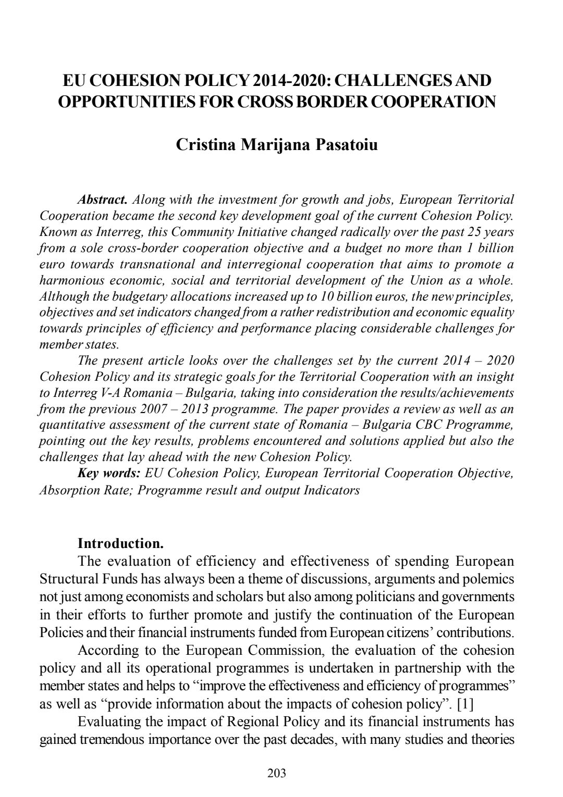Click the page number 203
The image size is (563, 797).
276,773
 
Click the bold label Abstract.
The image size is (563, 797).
103,200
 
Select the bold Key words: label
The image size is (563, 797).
109,473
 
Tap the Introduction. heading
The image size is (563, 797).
120,544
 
